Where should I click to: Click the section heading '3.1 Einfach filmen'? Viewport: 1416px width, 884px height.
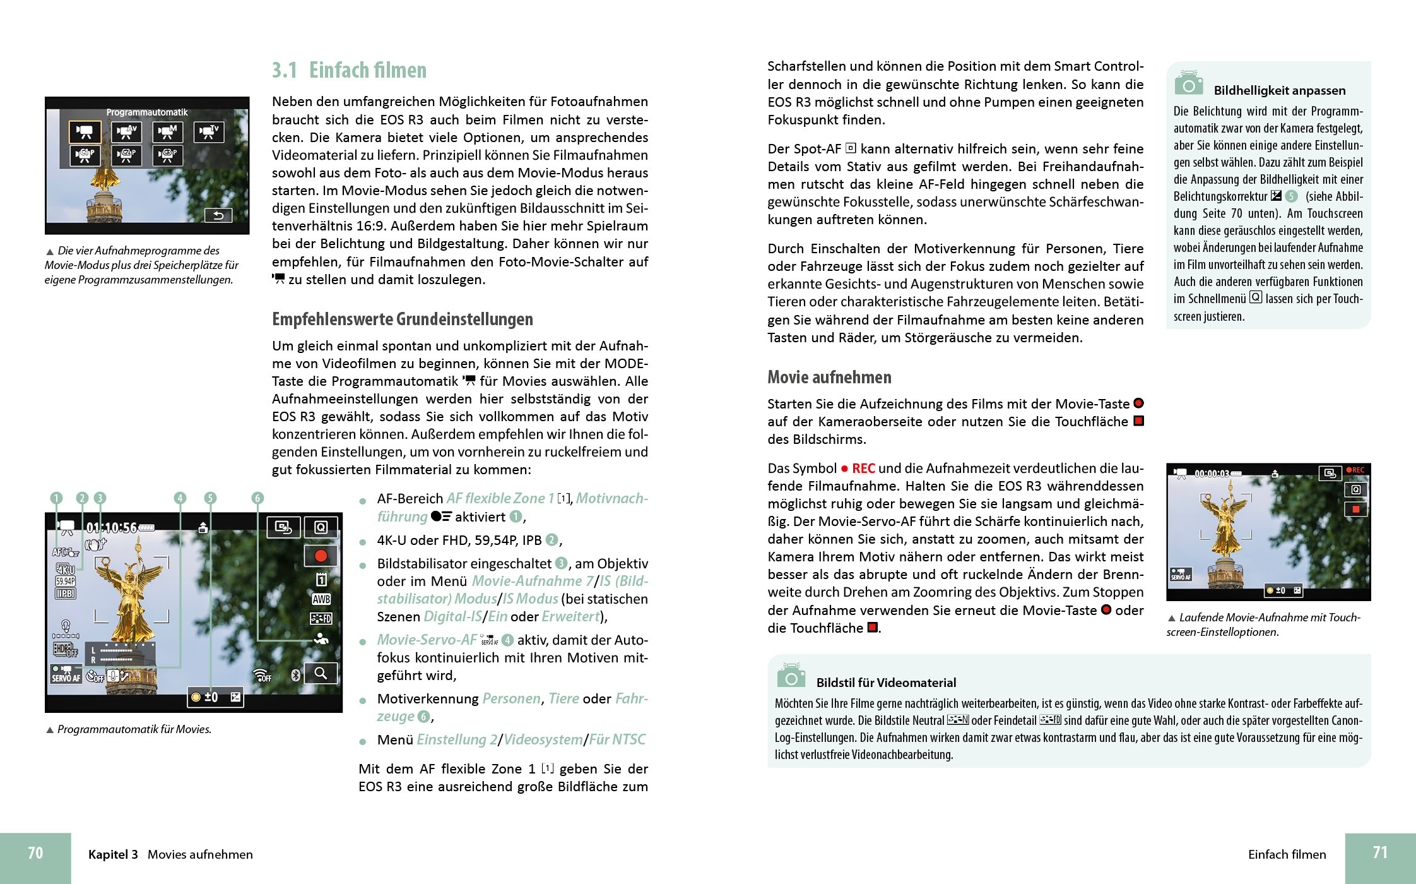click(x=349, y=70)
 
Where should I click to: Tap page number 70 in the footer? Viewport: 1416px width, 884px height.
click(x=35, y=853)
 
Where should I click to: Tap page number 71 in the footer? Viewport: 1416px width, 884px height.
click(x=1380, y=852)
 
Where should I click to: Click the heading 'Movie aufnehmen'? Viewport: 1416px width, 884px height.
click(x=829, y=378)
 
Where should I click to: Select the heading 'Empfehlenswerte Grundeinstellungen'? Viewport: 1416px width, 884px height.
click(x=402, y=320)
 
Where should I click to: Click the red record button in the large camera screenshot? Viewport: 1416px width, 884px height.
click(x=321, y=556)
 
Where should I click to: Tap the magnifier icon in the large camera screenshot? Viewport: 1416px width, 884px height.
click(x=321, y=673)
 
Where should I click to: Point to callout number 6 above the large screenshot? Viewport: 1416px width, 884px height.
click(x=257, y=498)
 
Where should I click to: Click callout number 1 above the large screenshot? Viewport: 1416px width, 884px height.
click(x=56, y=498)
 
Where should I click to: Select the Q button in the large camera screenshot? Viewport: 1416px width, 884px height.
click(x=321, y=527)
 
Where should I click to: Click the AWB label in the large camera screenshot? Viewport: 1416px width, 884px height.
click(x=321, y=599)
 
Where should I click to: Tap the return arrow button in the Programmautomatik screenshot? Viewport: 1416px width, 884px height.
click(x=218, y=215)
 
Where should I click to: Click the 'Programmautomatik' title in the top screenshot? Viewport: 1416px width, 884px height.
click(x=146, y=112)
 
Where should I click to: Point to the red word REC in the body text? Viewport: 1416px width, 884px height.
click(x=863, y=469)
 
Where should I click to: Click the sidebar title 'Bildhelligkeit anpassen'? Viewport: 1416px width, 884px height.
click(x=1279, y=91)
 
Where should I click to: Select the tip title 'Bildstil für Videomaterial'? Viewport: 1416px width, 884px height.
click(x=886, y=683)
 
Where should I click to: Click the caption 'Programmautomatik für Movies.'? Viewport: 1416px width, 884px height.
click(x=134, y=729)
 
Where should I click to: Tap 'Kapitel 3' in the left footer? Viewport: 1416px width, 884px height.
click(x=113, y=854)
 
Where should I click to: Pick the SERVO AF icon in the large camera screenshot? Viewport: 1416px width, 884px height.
click(x=66, y=674)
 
